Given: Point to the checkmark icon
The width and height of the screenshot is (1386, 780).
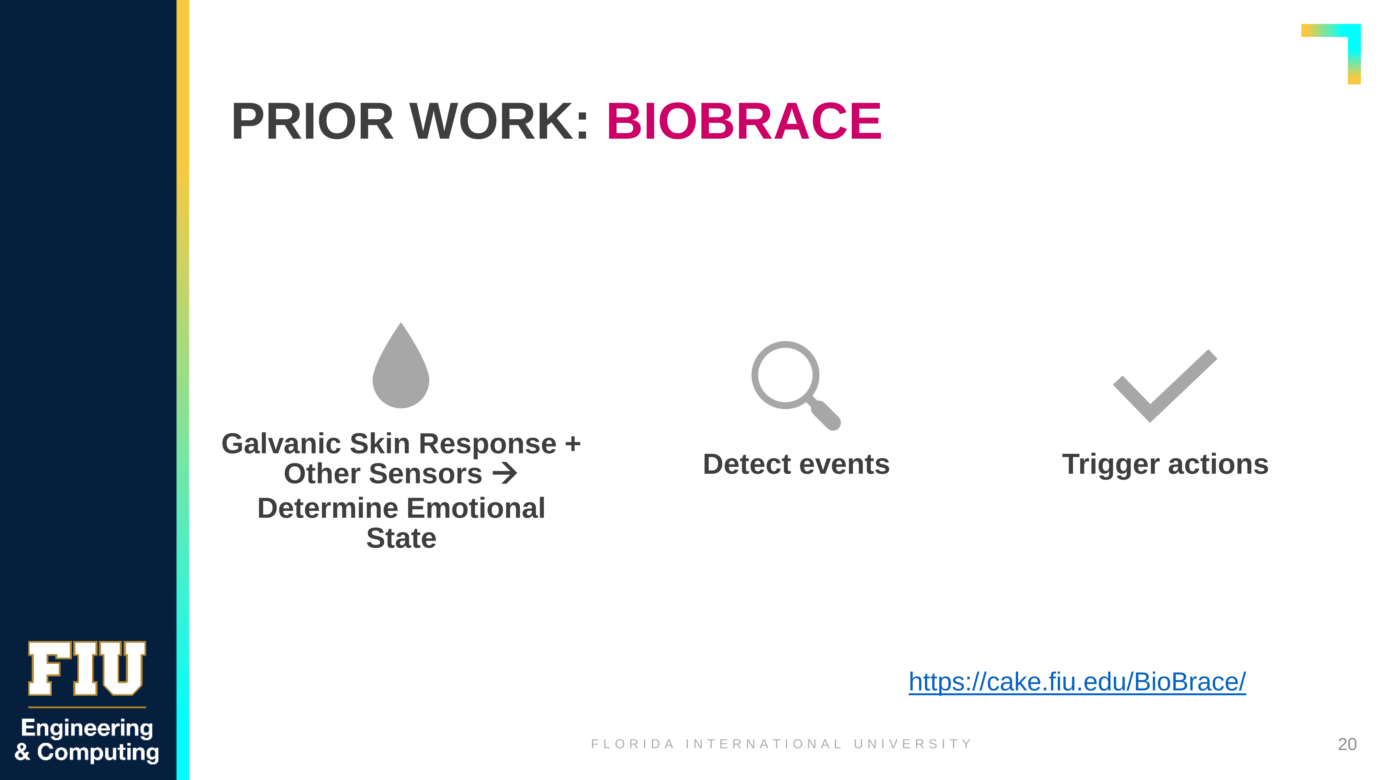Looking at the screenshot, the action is pos(1165,386).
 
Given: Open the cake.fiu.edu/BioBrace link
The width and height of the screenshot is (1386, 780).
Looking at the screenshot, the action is pos(1077,682).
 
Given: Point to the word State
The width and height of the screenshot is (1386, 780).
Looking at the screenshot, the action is pos(401,538).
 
